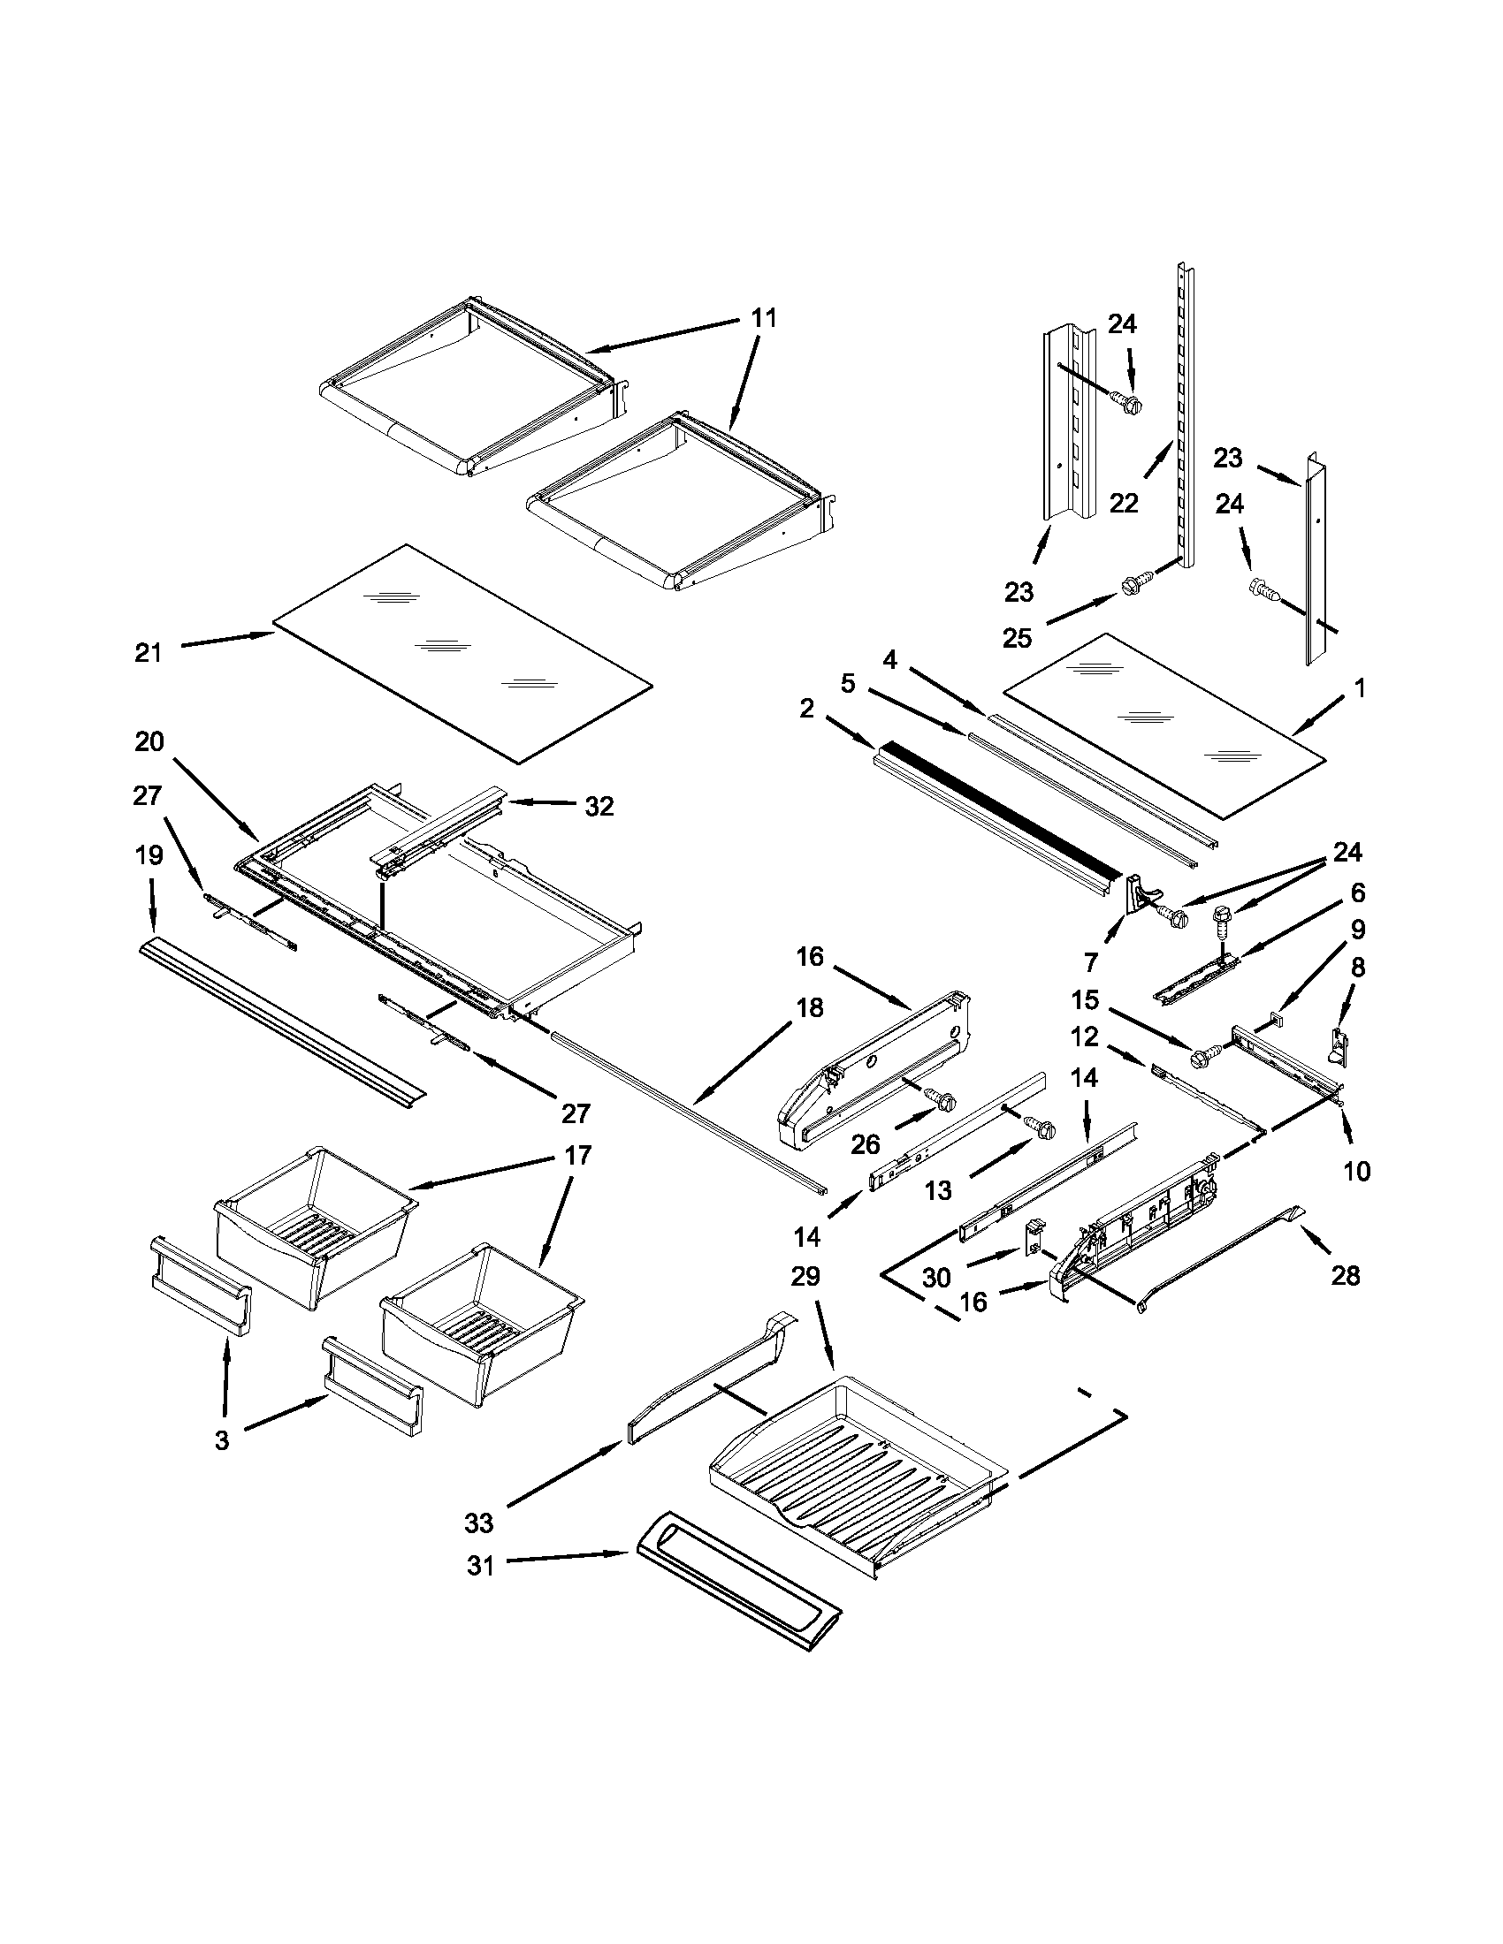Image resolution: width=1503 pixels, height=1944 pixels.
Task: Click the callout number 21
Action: click(x=149, y=652)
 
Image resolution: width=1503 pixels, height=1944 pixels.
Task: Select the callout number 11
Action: click(x=763, y=318)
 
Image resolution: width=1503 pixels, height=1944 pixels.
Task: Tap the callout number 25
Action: click(x=1018, y=637)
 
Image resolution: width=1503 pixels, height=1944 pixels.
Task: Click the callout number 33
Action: click(x=478, y=1523)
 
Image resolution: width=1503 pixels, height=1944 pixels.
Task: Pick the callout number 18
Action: click(x=810, y=1007)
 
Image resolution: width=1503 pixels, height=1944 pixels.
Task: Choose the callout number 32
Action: click(x=599, y=806)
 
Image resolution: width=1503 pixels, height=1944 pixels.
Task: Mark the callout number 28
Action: click(x=1345, y=1275)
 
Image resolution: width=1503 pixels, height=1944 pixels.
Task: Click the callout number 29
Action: click(x=805, y=1277)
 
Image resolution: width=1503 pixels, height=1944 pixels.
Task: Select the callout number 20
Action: click(x=149, y=740)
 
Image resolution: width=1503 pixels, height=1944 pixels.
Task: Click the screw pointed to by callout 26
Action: click(x=941, y=1100)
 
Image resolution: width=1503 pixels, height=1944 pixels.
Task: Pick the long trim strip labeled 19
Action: click(x=280, y=1022)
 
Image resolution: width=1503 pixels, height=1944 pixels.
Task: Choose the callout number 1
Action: click(x=1359, y=687)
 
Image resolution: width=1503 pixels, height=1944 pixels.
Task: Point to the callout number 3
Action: click(x=222, y=1440)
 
